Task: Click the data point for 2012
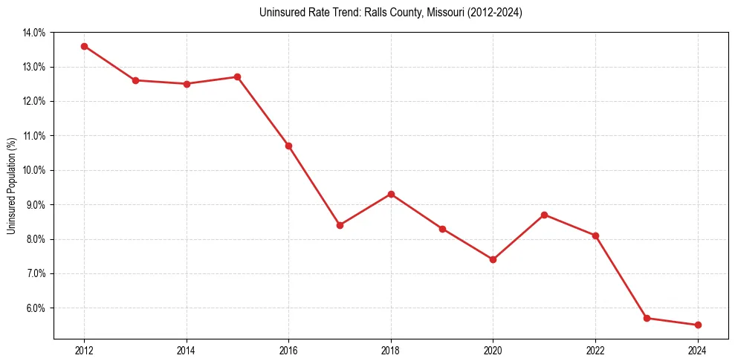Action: [x=84, y=46]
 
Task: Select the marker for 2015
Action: [x=238, y=77]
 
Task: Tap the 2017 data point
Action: [x=340, y=225]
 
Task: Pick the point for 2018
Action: [x=391, y=194]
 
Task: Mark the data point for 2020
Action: [x=493, y=259]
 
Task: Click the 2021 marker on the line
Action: [x=544, y=215]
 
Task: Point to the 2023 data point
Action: [x=647, y=318]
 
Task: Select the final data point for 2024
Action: [x=698, y=325]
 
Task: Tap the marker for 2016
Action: [x=288, y=146]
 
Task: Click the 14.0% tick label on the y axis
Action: [x=34, y=33]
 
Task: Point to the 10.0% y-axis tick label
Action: [x=34, y=170]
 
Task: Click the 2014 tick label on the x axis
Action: [x=187, y=351]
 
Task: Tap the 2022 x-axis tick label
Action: [x=595, y=351]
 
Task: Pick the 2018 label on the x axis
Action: [x=391, y=351]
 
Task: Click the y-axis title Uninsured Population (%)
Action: [x=11, y=186]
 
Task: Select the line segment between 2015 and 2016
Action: [x=263, y=111]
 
